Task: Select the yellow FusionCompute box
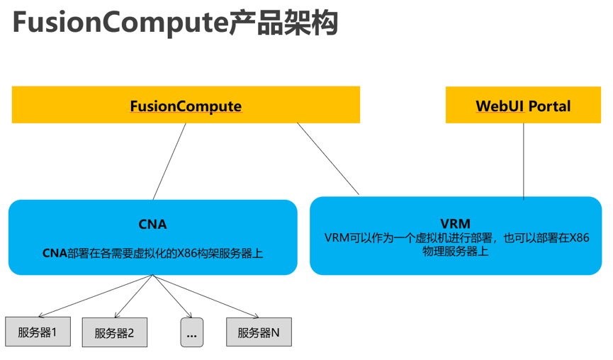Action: click(186, 106)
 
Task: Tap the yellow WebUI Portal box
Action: click(523, 106)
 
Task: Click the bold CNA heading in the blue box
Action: click(152, 225)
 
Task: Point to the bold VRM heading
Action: click(456, 224)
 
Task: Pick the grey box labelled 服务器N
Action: click(259, 332)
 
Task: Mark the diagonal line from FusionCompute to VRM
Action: click(328, 159)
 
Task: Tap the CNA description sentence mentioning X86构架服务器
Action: click(152, 252)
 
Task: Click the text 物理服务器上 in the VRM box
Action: click(456, 251)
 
